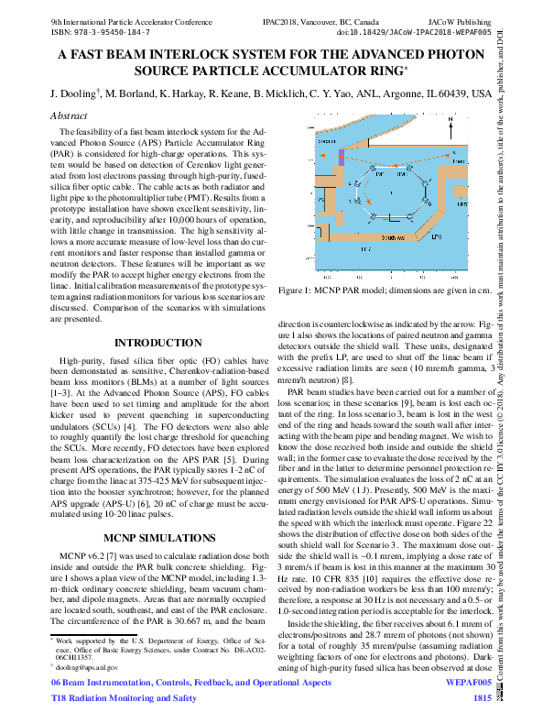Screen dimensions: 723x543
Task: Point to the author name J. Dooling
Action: [x=78, y=94]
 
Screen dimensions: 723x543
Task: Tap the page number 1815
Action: [x=483, y=698]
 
